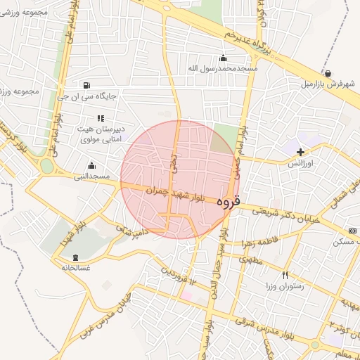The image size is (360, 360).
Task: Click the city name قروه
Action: coord(228,201)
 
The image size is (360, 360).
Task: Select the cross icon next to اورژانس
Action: coord(301,152)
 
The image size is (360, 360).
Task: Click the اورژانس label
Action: coord(301,163)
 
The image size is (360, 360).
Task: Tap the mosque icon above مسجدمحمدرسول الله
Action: coord(224,58)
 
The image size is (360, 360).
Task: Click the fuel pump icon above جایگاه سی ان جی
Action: coord(86,85)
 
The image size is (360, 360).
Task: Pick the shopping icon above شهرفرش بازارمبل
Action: coord(328,72)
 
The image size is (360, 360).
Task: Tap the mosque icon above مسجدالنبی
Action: coord(91,166)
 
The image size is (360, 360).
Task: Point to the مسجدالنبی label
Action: coord(92,176)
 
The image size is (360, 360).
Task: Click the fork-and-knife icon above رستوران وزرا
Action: coord(285,275)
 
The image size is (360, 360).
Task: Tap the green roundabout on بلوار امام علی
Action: coord(47,167)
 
